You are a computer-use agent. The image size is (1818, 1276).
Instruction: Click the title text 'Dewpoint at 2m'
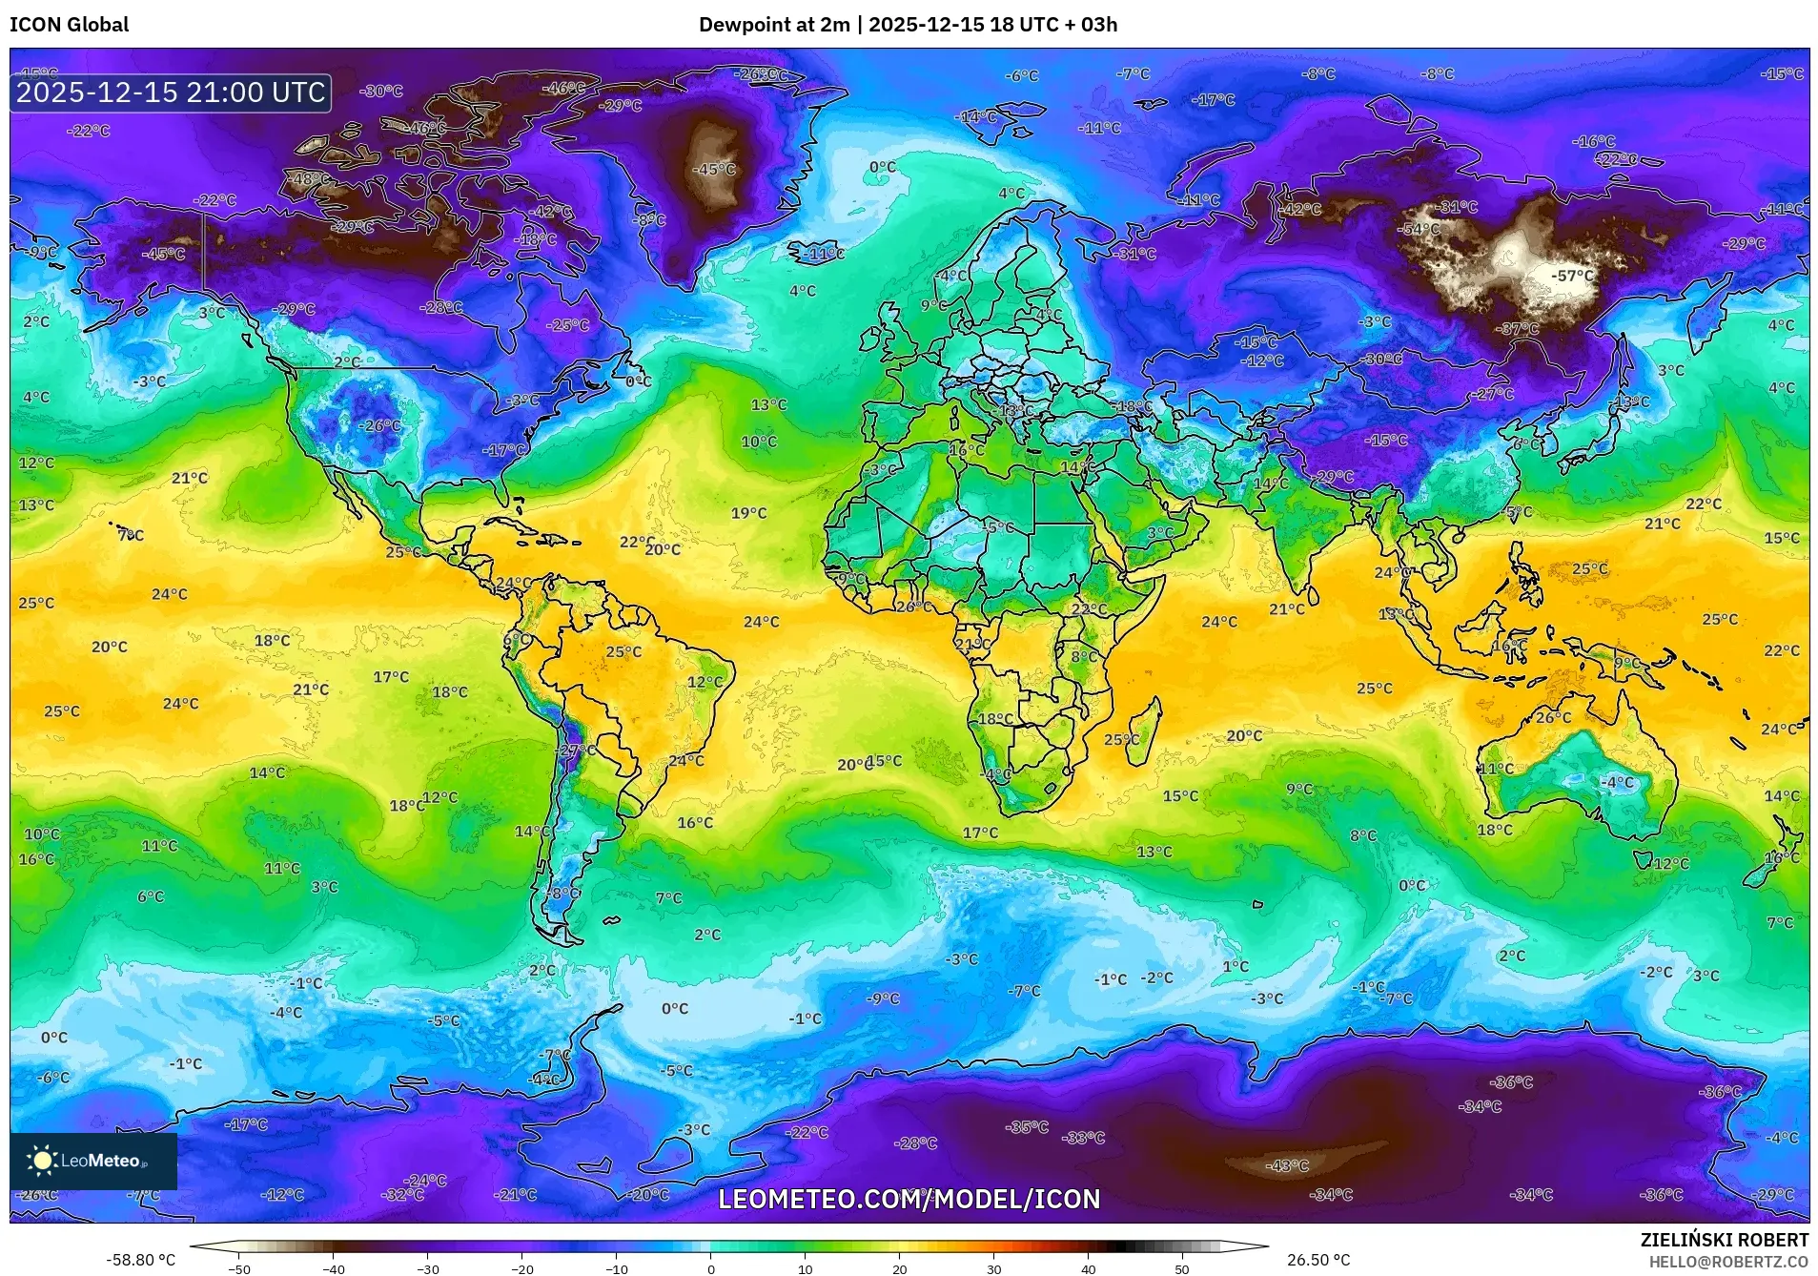tap(773, 24)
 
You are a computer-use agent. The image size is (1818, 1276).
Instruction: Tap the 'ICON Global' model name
tap(69, 24)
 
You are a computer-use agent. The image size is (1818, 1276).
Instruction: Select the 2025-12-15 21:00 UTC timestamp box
tap(172, 93)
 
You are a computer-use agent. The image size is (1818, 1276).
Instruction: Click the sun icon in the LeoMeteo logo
tap(42, 1160)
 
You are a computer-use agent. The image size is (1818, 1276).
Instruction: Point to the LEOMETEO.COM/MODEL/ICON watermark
tap(909, 1199)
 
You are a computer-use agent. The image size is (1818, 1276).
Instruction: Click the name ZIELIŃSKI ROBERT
tap(1724, 1240)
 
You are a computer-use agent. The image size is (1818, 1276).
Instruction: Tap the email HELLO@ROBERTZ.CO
tap(1728, 1262)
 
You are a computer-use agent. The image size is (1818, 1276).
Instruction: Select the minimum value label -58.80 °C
tap(140, 1260)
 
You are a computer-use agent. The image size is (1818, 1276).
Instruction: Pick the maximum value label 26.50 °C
tap(1318, 1260)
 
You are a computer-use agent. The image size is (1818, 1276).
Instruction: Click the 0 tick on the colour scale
tap(710, 1268)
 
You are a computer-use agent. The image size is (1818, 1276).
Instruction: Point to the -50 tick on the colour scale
tap(239, 1268)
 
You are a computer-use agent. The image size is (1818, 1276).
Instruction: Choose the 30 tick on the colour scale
tap(993, 1268)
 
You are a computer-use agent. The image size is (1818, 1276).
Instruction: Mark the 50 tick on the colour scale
tap(1181, 1268)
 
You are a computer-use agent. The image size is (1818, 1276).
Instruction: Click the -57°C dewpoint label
tap(1572, 276)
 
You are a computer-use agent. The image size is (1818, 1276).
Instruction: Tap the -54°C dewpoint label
tap(1420, 229)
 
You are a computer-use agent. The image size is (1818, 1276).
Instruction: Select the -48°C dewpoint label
tap(312, 178)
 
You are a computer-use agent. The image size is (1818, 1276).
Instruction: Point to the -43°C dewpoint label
tap(1287, 1165)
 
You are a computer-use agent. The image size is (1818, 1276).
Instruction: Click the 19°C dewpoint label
tap(748, 513)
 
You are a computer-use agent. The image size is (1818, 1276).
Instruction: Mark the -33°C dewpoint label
tap(1084, 1137)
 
